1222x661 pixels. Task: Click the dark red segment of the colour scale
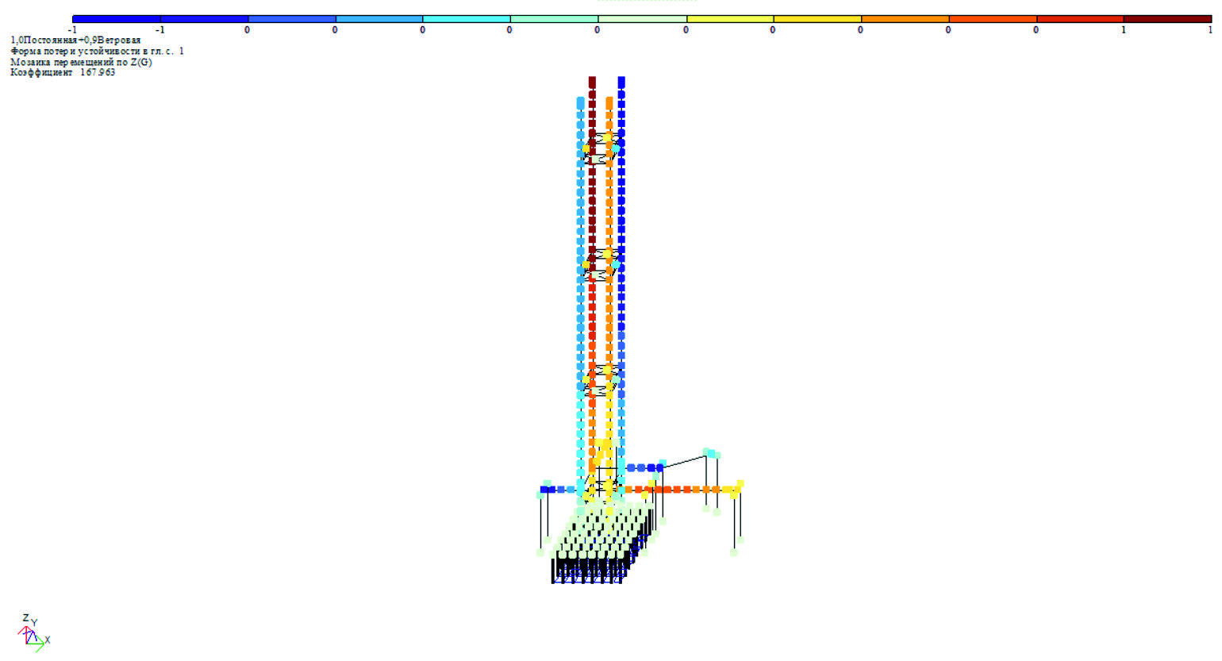[1167, 19]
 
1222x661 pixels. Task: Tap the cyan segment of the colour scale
[467, 19]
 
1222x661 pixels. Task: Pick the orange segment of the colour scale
[905, 19]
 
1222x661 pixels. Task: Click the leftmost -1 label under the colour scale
[72, 30]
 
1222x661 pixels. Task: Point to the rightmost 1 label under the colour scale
[1210, 30]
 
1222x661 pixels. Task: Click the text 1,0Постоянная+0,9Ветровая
[75, 40]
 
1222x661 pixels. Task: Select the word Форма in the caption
[25, 52]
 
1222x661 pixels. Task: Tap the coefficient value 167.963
[98, 72]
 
